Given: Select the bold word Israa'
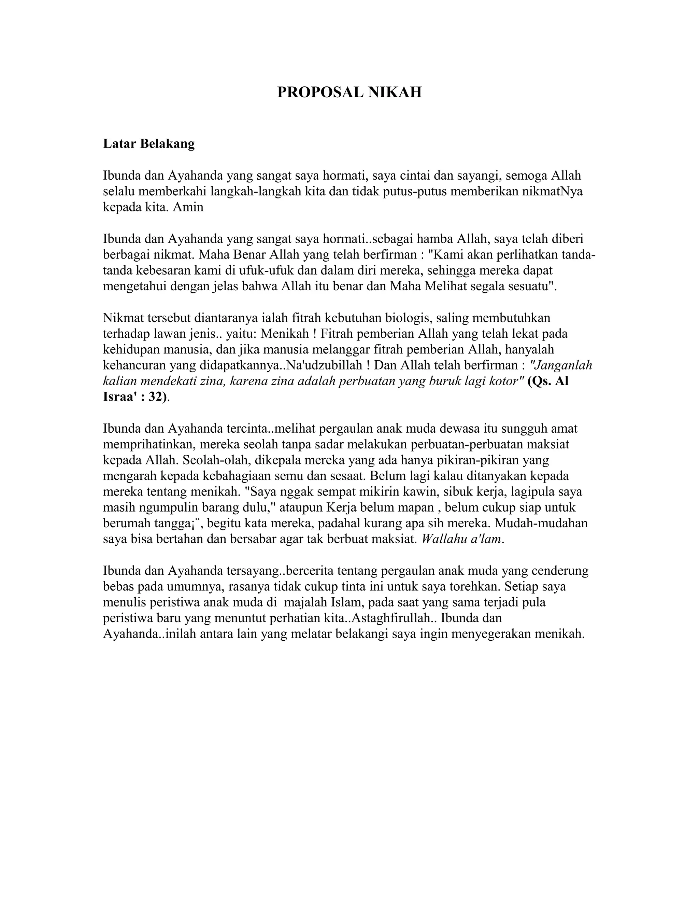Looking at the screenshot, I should click(120, 396).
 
